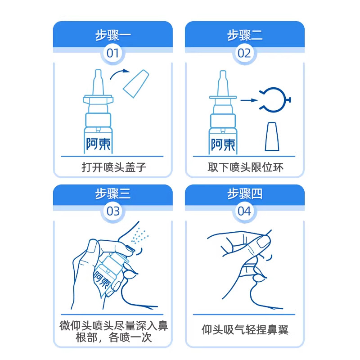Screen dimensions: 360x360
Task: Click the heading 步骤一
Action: (112, 36)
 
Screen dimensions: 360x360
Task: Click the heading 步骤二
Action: (244, 36)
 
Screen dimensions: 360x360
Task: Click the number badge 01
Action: (112, 54)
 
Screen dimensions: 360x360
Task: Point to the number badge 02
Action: (244, 54)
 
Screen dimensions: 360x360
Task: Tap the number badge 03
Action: (112, 211)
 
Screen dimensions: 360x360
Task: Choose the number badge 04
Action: (244, 211)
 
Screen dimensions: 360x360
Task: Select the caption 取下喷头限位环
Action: (245, 168)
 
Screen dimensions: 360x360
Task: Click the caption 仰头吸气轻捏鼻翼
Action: (245, 330)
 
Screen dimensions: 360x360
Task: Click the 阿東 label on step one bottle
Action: (99, 144)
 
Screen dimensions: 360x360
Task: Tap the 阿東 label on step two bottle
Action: (223, 144)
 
